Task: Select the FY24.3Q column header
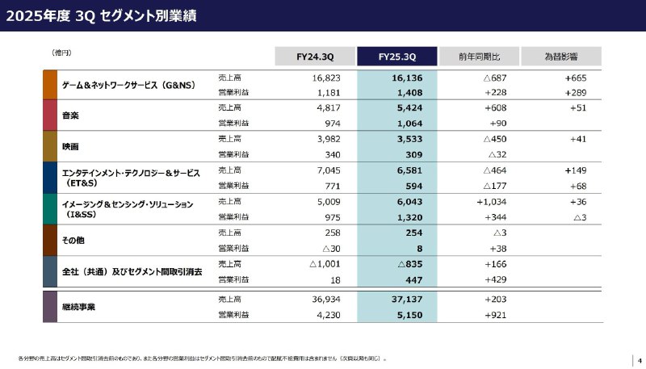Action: pos(316,57)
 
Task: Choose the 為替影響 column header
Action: pos(560,57)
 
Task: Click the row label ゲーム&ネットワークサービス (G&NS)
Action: pos(128,85)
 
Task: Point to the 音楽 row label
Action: pos(70,115)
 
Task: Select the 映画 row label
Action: pos(70,146)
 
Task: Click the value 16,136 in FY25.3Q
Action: pos(408,78)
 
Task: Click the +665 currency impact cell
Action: pos(575,78)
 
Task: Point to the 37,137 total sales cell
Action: pos(408,300)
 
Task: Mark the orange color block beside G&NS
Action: pos(49,85)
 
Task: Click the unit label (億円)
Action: pos(62,52)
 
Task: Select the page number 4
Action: pos(639,360)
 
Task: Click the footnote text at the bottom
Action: pos(202,357)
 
